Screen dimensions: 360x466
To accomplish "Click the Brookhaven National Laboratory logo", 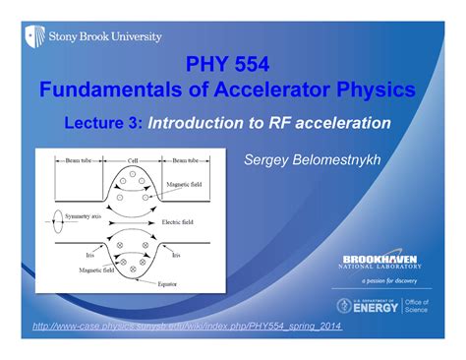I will (382, 262).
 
